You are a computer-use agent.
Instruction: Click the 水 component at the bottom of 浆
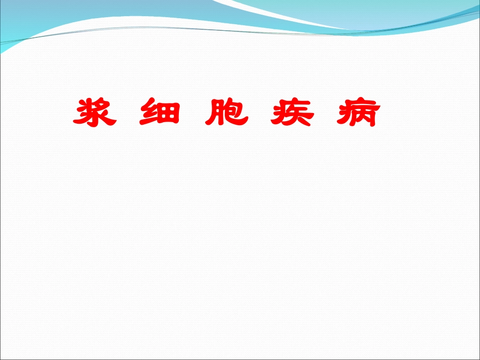coord(96,120)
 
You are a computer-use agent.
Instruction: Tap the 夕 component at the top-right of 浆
coord(104,105)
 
